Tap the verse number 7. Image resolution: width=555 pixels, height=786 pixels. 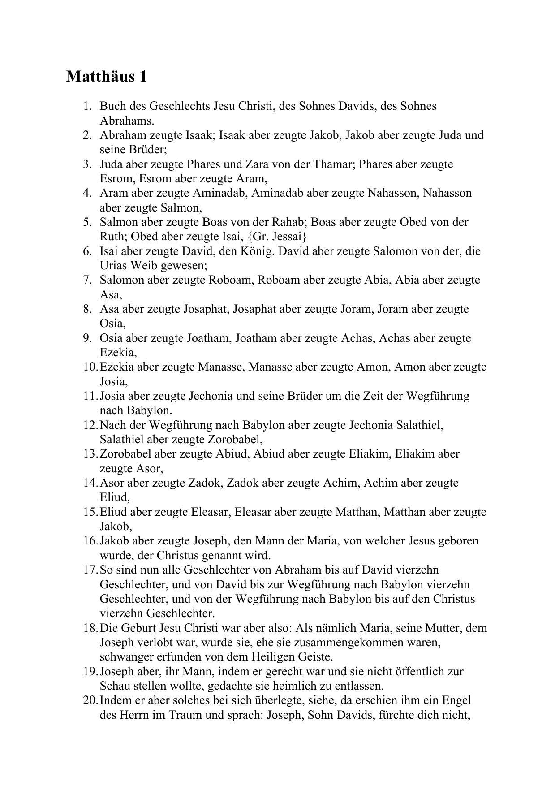87,280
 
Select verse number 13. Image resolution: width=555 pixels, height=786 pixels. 90,454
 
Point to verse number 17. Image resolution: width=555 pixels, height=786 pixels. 90,570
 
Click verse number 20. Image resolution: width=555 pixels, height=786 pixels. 90,700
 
